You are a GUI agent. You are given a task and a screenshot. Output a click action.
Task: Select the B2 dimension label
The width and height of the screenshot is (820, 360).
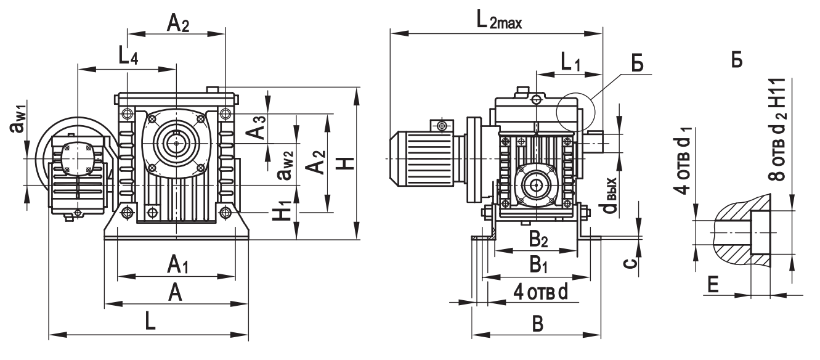point(538,240)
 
